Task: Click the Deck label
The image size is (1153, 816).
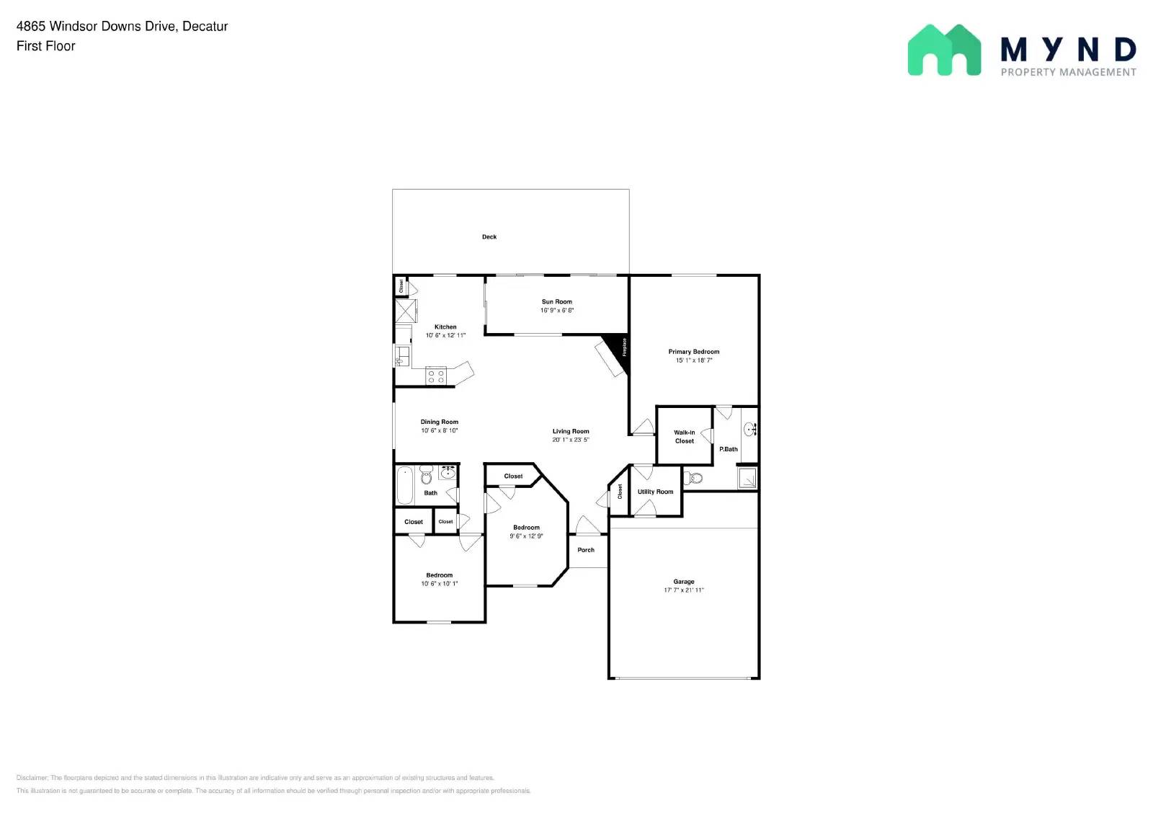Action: (489, 236)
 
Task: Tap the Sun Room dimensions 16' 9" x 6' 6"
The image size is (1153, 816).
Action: (557, 311)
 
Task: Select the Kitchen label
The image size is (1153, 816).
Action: (445, 327)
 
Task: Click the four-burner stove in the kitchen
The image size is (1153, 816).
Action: (436, 376)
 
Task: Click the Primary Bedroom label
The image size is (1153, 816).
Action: (693, 352)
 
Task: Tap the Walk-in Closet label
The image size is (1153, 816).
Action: (685, 437)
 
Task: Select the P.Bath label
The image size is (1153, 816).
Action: (729, 449)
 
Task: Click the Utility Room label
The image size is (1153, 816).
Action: (655, 492)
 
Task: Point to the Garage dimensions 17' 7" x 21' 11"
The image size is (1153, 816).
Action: (684, 590)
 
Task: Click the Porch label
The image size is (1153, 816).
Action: (586, 550)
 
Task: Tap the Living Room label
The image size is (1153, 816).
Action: (571, 431)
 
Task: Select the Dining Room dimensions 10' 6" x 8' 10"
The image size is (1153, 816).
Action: (440, 430)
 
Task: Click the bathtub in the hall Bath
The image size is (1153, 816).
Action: (405, 486)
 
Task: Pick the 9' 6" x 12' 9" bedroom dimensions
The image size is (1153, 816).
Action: (526, 536)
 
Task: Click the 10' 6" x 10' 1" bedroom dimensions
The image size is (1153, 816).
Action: (440, 583)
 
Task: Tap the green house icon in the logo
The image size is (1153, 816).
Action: (944, 50)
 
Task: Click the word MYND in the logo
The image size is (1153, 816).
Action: (1068, 50)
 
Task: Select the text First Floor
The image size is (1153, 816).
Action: (46, 46)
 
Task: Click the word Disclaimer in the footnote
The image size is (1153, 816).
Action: (32, 778)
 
